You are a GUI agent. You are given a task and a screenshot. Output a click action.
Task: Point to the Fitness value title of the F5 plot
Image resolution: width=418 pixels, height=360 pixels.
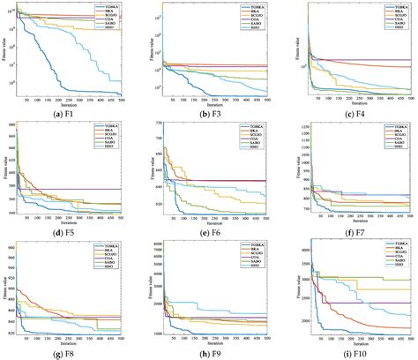[x=11, y=171]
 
